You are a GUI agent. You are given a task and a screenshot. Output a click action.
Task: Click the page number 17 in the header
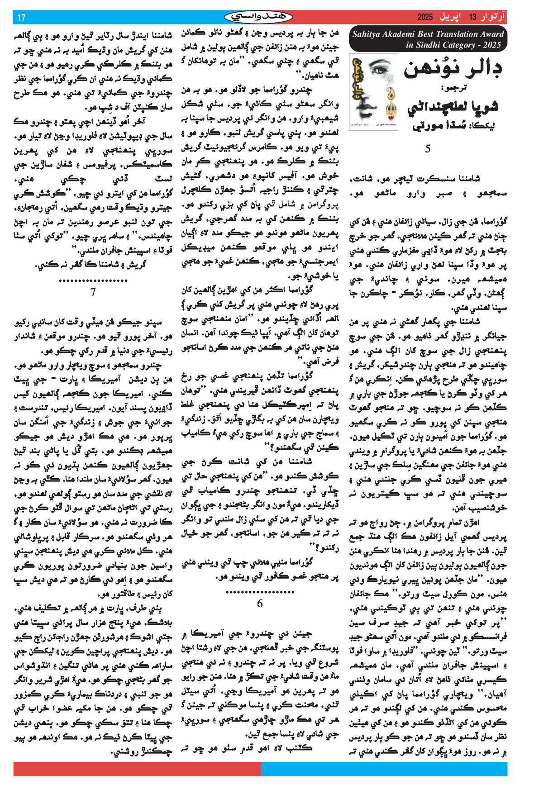pyautogui.click(x=21, y=18)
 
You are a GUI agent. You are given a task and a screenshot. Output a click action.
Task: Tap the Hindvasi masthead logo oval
pyautogui.click(x=259, y=17)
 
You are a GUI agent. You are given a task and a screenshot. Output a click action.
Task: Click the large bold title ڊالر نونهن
pyautogui.click(x=453, y=69)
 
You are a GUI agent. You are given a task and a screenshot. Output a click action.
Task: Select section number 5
pyautogui.click(x=428, y=149)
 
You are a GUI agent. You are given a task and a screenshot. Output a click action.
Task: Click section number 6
pyautogui.click(x=259, y=603)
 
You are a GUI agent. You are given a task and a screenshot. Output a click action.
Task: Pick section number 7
pyautogui.click(x=93, y=292)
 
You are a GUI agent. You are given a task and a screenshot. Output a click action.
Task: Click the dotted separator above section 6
pyautogui.click(x=259, y=591)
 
